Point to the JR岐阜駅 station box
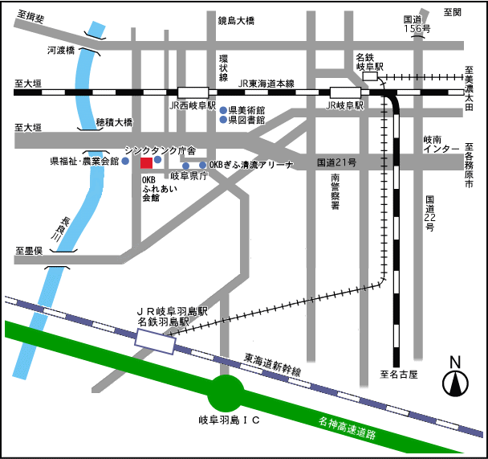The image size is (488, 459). (345, 92)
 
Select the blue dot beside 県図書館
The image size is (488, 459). (224, 120)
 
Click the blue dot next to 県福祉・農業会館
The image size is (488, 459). (125, 161)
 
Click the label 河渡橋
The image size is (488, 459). (60, 50)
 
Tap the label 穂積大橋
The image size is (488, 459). (114, 123)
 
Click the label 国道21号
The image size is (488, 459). (336, 162)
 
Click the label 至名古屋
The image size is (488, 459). (401, 375)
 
